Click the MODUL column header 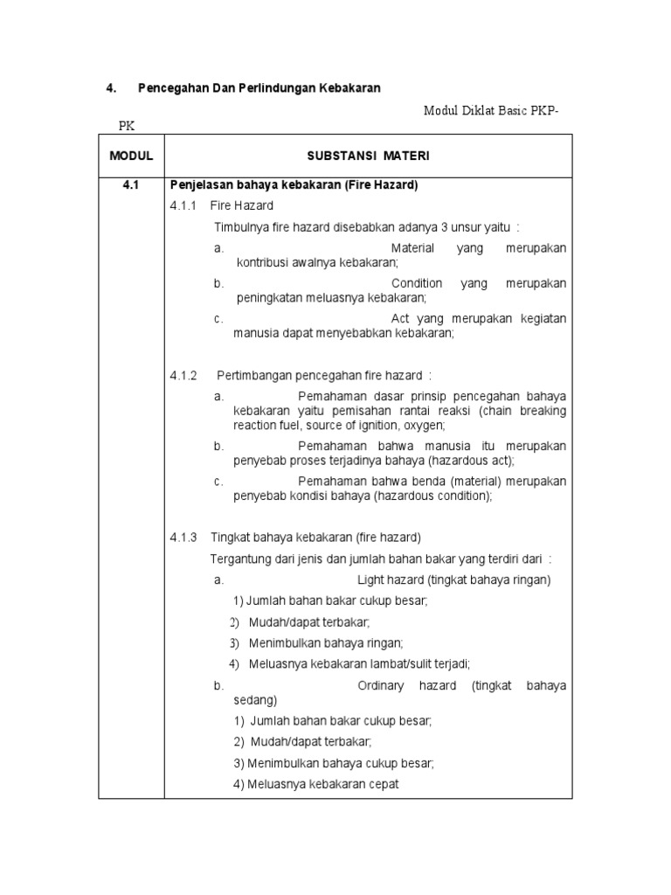click(x=131, y=156)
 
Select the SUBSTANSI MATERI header click(x=369, y=156)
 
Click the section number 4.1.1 click(x=184, y=206)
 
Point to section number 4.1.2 click(x=184, y=376)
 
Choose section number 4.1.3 click(x=184, y=537)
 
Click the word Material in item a click(x=412, y=249)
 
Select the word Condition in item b click(x=417, y=284)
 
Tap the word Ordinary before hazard click(x=381, y=686)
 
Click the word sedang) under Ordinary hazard click(x=255, y=701)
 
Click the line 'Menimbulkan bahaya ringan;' click(x=315, y=642)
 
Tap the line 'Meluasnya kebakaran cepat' click(x=316, y=784)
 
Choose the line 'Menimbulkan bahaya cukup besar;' click(x=334, y=763)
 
